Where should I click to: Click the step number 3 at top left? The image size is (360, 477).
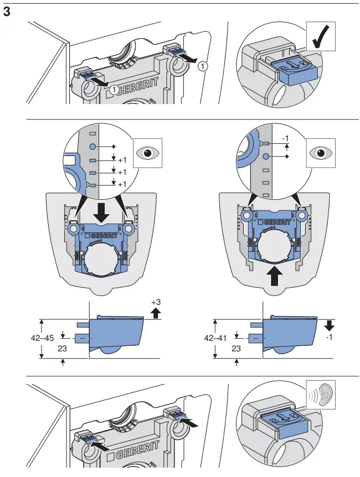[8, 12]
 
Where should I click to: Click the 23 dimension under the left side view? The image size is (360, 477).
[64, 349]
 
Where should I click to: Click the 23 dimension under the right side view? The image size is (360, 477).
[236, 349]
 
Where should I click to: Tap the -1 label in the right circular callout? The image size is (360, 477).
[286, 138]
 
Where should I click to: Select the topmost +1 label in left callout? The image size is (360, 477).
[122, 160]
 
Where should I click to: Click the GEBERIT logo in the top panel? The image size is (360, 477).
[141, 88]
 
